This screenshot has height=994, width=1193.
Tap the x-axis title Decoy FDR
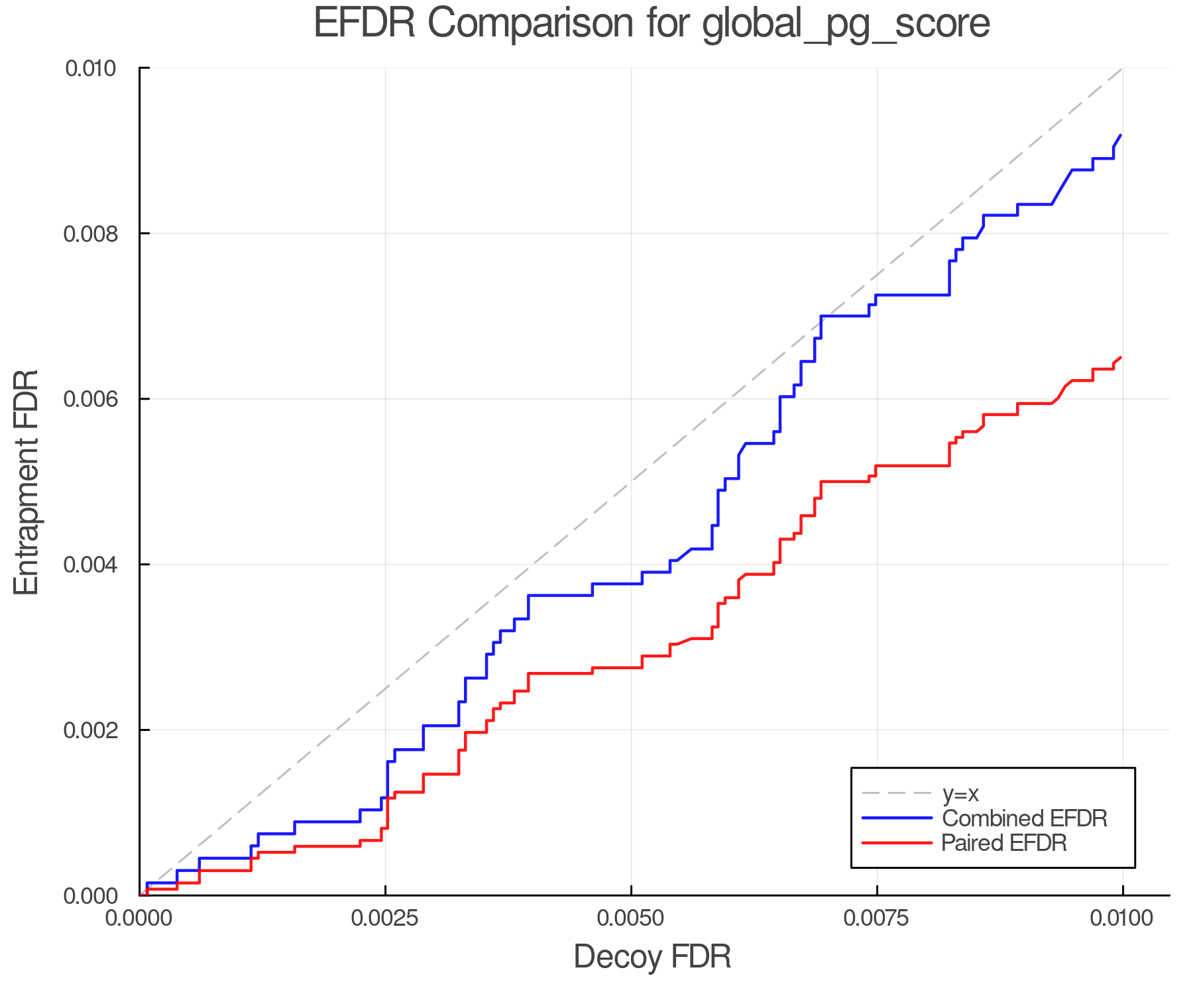point(652,957)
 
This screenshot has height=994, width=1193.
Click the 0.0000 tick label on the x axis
point(140,918)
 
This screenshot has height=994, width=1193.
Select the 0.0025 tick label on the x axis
point(385,918)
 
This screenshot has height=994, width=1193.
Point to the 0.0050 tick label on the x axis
point(631,918)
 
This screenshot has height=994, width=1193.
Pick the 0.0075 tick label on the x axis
point(877,918)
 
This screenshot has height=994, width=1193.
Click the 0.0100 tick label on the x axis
point(1122,918)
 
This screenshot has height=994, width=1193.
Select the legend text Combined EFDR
point(1025,818)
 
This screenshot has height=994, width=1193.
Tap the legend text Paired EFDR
point(1004,843)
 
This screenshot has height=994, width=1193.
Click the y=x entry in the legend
point(960,793)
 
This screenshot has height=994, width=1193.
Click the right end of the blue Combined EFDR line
point(1121,135)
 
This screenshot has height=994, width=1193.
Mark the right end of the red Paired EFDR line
point(1121,358)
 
